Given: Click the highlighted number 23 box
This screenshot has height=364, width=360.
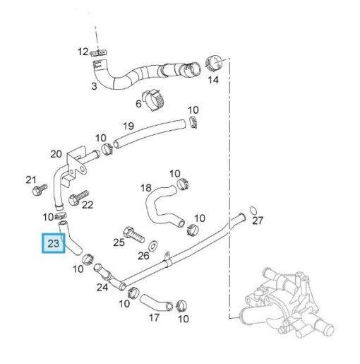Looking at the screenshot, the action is (x=53, y=243).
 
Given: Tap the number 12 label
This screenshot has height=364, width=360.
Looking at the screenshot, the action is (x=83, y=52).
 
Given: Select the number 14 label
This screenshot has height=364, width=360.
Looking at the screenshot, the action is (x=213, y=80).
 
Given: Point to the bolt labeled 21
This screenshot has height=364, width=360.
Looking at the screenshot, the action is (x=40, y=189).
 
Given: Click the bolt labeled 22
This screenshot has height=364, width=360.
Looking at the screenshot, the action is (x=78, y=198).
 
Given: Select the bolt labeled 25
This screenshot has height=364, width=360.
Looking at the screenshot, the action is (x=133, y=235).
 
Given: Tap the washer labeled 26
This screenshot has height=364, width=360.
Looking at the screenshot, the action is (x=153, y=246).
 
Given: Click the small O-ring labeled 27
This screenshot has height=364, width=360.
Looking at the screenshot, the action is (x=253, y=210).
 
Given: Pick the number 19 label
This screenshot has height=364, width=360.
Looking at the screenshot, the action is (x=128, y=127).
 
